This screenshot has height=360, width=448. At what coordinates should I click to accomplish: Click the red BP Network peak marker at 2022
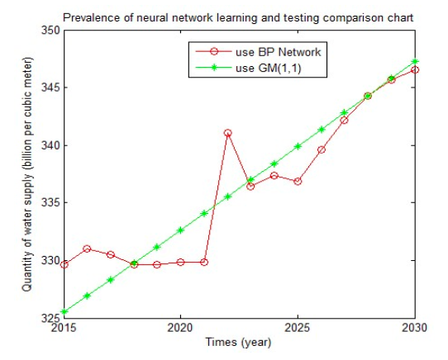pos(227,133)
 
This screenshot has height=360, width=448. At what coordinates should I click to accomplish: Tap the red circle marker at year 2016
pos(87,249)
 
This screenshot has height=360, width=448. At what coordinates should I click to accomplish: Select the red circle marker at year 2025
pos(298,182)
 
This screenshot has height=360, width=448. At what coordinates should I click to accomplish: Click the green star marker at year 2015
pos(64,312)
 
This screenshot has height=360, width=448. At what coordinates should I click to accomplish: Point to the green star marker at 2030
pos(415,61)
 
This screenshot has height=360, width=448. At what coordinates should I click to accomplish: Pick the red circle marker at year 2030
pos(415,70)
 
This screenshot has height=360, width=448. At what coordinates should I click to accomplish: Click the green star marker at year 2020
pos(180,230)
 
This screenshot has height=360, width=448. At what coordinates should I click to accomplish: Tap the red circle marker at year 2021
pos(204,262)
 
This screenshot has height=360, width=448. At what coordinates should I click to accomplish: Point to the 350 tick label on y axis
pos(51,31)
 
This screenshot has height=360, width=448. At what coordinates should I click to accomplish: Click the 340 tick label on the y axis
pos(51,145)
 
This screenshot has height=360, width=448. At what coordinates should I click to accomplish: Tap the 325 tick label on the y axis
pos(51,318)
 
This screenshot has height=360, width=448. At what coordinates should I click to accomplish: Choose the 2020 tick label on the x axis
pos(180,328)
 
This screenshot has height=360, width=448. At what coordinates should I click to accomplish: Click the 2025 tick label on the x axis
pos(298,328)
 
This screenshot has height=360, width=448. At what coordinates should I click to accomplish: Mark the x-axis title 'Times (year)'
pos(238,343)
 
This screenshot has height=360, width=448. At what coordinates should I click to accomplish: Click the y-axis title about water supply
pos(27,174)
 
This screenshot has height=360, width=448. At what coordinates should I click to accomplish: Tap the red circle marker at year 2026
pos(322,149)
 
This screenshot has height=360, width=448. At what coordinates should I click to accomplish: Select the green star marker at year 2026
pos(322,130)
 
